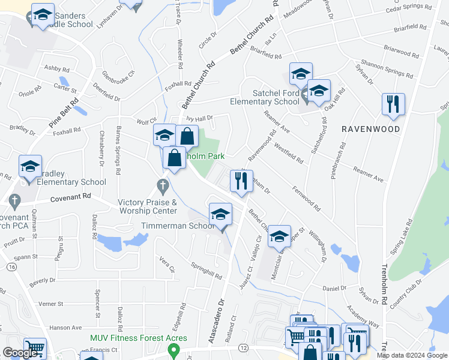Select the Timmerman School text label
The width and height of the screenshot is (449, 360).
coord(178,226)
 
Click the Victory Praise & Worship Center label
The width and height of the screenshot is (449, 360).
coord(148,206)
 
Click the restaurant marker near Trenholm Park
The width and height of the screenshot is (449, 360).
coord(241,181)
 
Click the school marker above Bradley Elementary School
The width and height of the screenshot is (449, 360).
coord(30,167)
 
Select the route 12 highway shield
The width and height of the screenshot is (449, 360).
coord(243,347)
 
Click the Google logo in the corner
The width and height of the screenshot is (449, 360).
coord(20,353)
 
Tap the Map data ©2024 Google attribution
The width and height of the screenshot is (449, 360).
coord(412,355)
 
